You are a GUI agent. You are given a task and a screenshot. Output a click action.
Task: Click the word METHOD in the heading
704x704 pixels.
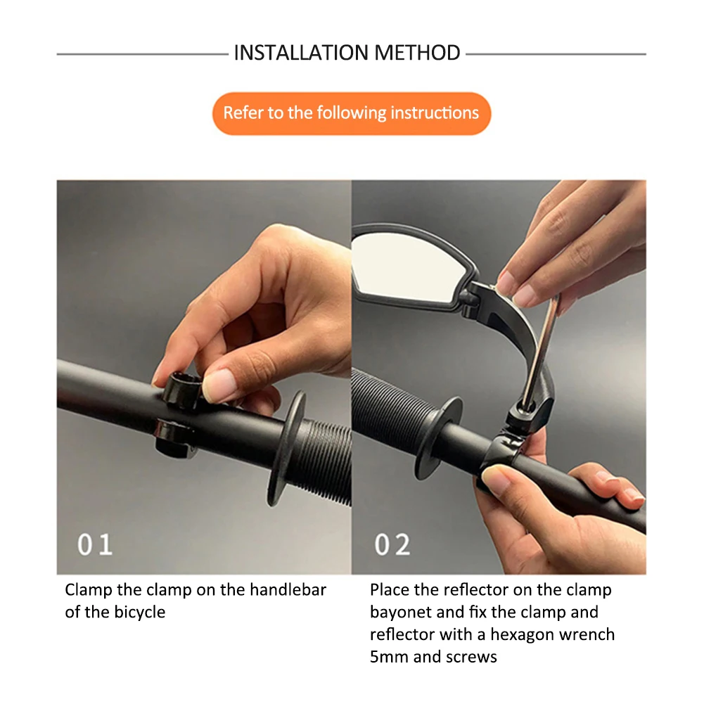point(417,53)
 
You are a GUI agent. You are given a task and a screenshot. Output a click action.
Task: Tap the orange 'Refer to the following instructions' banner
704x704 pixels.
point(352,114)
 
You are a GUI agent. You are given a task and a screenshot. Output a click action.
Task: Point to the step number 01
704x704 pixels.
point(95,544)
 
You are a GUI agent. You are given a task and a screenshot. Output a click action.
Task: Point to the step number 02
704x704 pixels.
point(392,544)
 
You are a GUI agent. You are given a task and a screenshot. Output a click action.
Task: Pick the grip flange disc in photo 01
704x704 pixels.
point(286,449)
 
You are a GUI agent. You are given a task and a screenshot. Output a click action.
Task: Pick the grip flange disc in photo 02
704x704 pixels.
point(437,437)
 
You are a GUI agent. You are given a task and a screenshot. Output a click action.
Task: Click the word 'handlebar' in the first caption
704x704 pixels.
point(288,589)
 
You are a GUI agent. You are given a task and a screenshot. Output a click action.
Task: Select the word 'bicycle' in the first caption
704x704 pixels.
point(140,613)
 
